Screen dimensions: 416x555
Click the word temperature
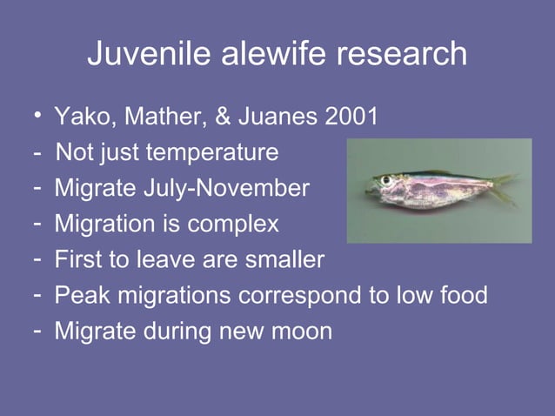[x=216, y=153]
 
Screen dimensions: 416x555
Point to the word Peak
[x=79, y=295]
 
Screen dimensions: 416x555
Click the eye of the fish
[x=384, y=181]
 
